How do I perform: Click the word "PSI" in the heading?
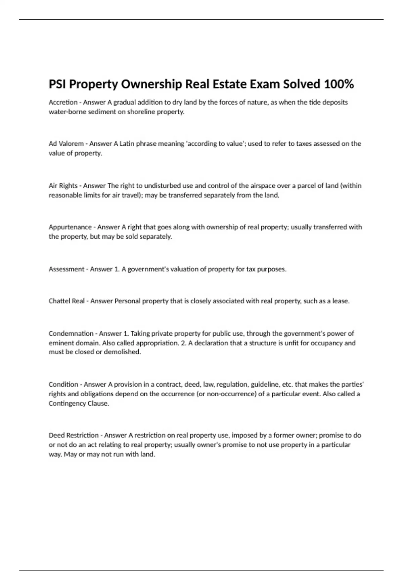pos(57,84)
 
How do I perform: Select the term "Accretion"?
pos(63,102)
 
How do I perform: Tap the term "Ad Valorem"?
pos(66,144)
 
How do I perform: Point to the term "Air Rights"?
pos(63,186)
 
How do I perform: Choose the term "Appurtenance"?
pos(70,227)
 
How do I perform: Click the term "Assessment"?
pos(66,269)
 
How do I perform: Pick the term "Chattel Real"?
pos(66,301)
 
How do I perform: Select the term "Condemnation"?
pos(71,334)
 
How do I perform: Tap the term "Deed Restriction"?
pos(74,435)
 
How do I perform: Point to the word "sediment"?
pos(102,112)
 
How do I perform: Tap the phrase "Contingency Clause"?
pos(79,403)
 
